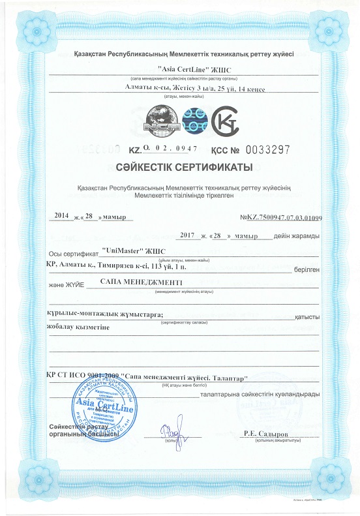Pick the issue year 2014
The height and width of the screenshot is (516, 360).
(61, 215)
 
